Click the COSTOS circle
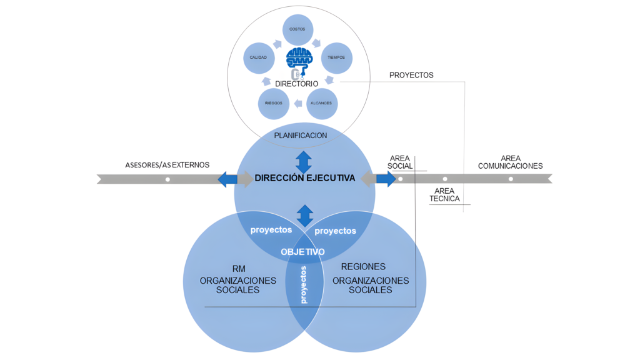click(x=298, y=29)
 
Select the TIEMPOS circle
click(x=337, y=57)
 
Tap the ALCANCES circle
click(x=322, y=102)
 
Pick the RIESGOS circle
click(x=274, y=102)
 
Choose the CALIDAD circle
click(x=259, y=57)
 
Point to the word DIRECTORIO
click(x=297, y=83)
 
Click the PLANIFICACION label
click(x=301, y=135)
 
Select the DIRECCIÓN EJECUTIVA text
click(x=305, y=178)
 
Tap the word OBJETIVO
click(x=302, y=252)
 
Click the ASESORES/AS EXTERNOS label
click(x=167, y=165)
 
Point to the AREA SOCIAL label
click(x=400, y=162)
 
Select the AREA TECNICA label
click(x=444, y=194)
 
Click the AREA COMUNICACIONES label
click(x=511, y=162)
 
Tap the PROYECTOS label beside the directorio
click(x=411, y=75)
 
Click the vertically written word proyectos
click(x=304, y=284)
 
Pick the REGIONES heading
click(x=363, y=267)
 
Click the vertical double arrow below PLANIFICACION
click(x=304, y=161)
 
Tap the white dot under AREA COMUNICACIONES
click(x=511, y=179)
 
